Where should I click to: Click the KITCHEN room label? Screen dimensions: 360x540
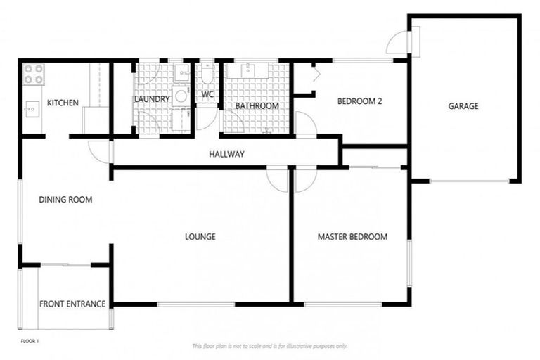click(63, 103)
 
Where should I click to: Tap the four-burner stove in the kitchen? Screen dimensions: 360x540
click(34, 74)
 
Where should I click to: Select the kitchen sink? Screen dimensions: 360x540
click(32, 108)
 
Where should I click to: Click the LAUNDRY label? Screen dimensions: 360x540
click(152, 100)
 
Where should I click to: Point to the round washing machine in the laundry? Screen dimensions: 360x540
click(180, 97)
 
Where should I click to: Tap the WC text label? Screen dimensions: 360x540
click(207, 94)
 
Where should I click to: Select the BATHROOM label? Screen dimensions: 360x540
click(257, 106)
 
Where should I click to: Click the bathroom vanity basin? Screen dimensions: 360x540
click(250, 70)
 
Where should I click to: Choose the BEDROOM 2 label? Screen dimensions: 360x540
click(359, 101)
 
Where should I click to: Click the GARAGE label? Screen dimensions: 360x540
click(463, 107)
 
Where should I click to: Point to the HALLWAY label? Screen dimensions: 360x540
click(226, 154)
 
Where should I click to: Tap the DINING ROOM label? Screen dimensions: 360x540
click(65, 200)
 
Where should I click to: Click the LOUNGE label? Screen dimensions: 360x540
click(200, 237)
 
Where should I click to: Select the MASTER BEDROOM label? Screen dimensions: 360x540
click(352, 237)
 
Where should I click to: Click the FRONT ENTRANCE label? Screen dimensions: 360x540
click(72, 304)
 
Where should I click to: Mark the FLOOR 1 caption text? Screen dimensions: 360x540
click(30, 341)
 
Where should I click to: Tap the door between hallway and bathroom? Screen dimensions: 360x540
click(306, 124)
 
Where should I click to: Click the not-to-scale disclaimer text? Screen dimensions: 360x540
click(269, 346)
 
